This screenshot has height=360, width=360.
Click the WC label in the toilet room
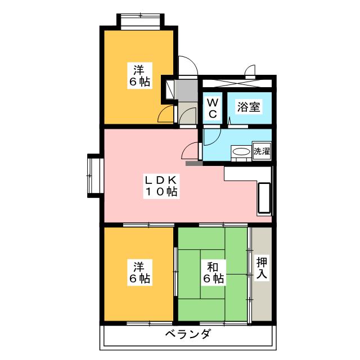pos(213,108)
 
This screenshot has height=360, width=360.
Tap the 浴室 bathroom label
pos(248,106)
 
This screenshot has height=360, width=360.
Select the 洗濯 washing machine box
pos(262,151)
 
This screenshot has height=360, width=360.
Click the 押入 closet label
pos(262,268)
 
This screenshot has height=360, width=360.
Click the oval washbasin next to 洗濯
pos(241,152)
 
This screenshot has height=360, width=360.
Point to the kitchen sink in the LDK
pos(264,198)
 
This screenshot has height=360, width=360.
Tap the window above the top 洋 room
pos(139,21)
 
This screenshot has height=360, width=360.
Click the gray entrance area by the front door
pos(186,90)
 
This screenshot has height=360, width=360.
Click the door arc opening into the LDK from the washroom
pos(192,151)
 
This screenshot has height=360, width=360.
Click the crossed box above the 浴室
pos(237,83)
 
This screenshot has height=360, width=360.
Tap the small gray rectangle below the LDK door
pos(193,164)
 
